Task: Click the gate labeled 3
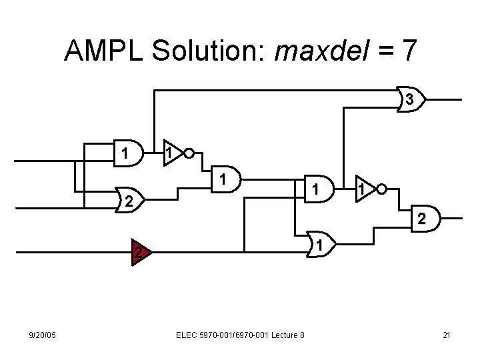pos(411,99)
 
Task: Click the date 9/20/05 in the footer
pos(42,334)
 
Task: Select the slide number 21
pos(447,334)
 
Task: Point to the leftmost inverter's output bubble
pos(189,153)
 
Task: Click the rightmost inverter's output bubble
pos(381,189)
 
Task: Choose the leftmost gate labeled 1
pos(126,154)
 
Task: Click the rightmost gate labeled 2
pos(422,218)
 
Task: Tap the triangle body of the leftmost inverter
pos(173,153)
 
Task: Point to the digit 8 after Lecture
pos(301,334)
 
